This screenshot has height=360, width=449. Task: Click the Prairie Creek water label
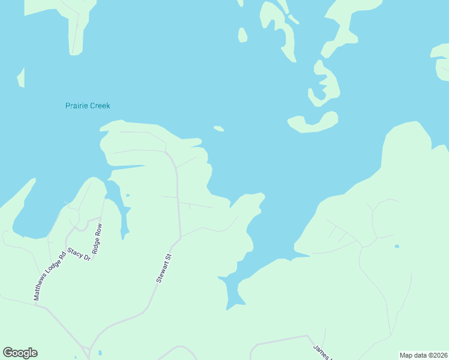pyautogui.click(x=88, y=106)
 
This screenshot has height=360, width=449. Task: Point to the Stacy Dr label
pyautogui.click(x=79, y=254)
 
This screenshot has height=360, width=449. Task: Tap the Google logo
pyautogui.click(x=20, y=353)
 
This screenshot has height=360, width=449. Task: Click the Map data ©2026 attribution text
pyautogui.click(x=423, y=355)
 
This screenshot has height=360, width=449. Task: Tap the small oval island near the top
pyautogui.click(x=243, y=35)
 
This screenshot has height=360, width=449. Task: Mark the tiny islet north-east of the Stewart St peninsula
pyautogui.click(x=219, y=128)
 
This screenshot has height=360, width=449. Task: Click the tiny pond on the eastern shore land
pyautogui.click(x=397, y=246)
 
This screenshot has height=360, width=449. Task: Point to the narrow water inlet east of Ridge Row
pyautogui.click(x=122, y=216)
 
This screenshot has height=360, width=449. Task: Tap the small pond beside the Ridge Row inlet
pyautogui.click(x=128, y=195)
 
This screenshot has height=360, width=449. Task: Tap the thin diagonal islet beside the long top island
pyautogui.click(x=294, y=19)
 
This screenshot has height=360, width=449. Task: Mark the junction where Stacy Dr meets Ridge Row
pyautogui.click(x=89, y=222)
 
